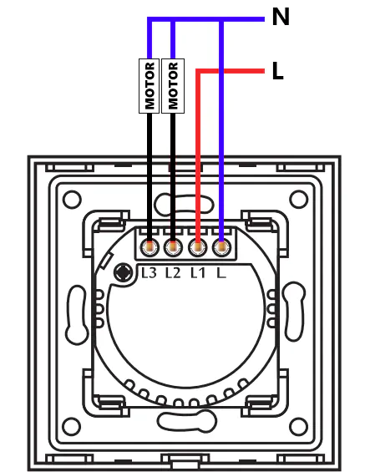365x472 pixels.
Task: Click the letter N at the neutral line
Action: [281, 17]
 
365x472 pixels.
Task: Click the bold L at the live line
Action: [278, 71]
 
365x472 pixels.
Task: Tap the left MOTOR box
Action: [149, 86]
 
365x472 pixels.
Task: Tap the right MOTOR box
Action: [173, 86]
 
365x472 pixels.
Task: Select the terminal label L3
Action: [149, 272]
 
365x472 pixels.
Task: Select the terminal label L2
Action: [173, 272]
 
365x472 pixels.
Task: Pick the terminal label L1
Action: [198, 272]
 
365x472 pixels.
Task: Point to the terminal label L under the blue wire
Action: [221, 272]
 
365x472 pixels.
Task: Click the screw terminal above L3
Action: [150, 248]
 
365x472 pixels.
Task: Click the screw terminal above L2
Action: [173, 248]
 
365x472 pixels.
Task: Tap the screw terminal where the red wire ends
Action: [197, 248]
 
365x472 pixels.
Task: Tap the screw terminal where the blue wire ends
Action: [221, 248]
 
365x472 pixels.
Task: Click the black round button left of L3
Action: [123, 272]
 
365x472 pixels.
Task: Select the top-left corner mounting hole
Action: [72, 200]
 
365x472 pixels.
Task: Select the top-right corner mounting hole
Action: [298, 200]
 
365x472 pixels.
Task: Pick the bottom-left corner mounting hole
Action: [72, 426]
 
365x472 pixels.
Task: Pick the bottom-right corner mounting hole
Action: [298, 426]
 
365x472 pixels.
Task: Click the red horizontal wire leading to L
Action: [231, 71]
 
